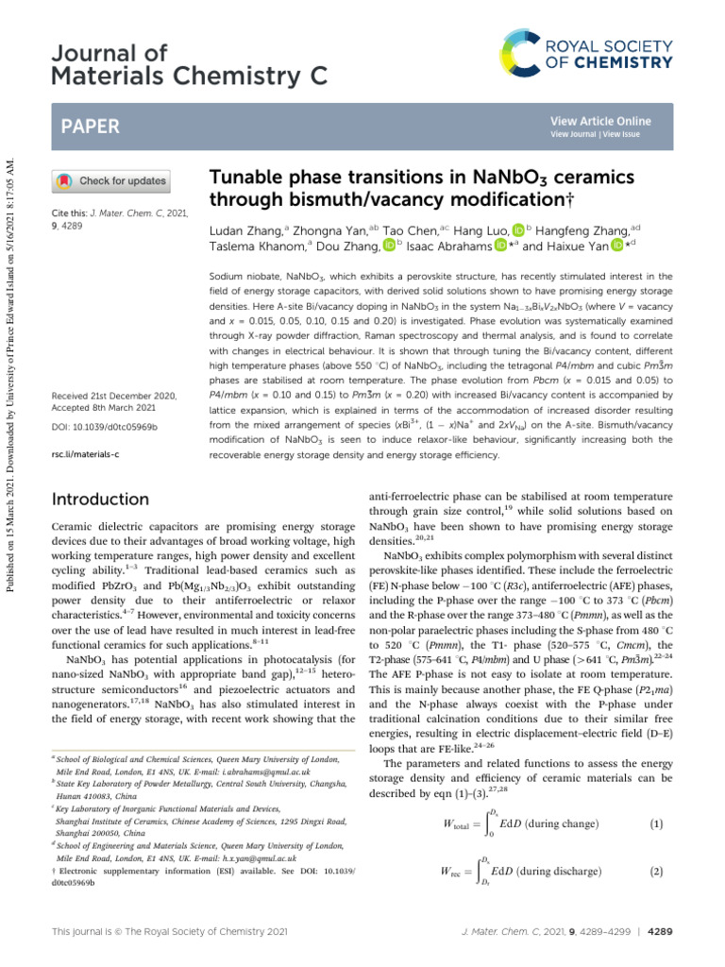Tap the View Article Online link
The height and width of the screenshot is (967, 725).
pyautogui.click(x=600, y=121)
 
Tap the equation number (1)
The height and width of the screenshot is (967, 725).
pyautogui.click(x=656, y=823)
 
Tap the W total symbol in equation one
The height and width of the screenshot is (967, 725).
pyautogui.click(x=458, y=824)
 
